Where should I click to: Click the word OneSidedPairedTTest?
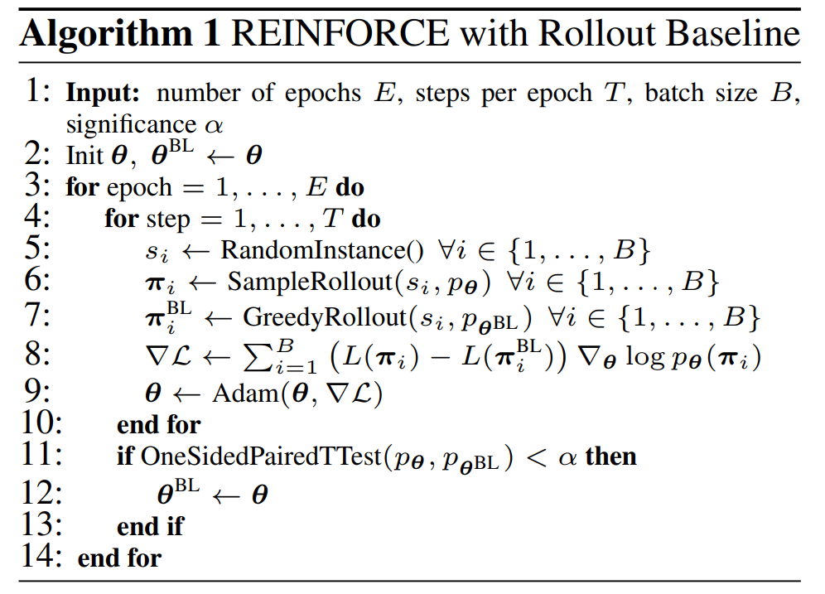[256, 456]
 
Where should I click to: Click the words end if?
[151, 525]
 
